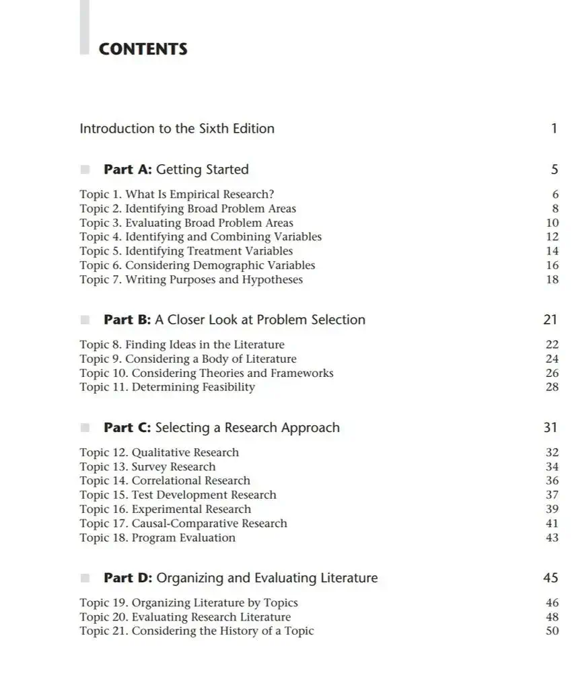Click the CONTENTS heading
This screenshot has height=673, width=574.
click(143, 49)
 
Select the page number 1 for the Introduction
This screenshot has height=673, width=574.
click(554, 129)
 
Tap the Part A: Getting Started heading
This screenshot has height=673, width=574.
click(176, 170)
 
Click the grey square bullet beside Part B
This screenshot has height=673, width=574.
click(85, 320)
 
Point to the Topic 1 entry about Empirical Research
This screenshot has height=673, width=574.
click(176, 194)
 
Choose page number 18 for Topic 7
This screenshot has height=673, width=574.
click(552, 280)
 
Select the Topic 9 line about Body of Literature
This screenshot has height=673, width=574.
click(188, 359)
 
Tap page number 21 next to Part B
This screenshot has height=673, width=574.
click(550, 320)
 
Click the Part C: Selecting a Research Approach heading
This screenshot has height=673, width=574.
click(221, 428)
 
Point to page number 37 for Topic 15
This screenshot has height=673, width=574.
click(552, 495)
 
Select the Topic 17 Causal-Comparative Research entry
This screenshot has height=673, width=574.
click(183, 524)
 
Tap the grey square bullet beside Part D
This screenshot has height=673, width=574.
click(85, 578)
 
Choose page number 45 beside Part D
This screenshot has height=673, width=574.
click(550, 578)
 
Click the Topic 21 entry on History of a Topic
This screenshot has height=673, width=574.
click(196, 631)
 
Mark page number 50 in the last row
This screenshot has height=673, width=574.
click(552, 631)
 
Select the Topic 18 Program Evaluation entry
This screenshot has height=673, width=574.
click(157, 538)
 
